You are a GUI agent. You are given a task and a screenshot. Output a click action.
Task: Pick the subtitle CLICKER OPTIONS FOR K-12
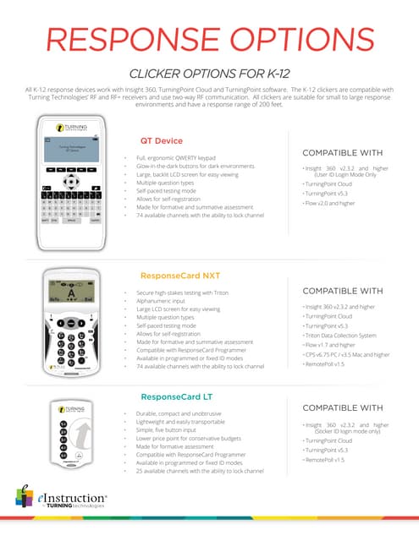pos(209,73)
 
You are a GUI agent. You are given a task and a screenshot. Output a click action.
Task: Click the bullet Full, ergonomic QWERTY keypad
pos(179,158)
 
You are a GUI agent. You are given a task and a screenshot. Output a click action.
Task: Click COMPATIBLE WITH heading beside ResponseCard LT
pos(348,407)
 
